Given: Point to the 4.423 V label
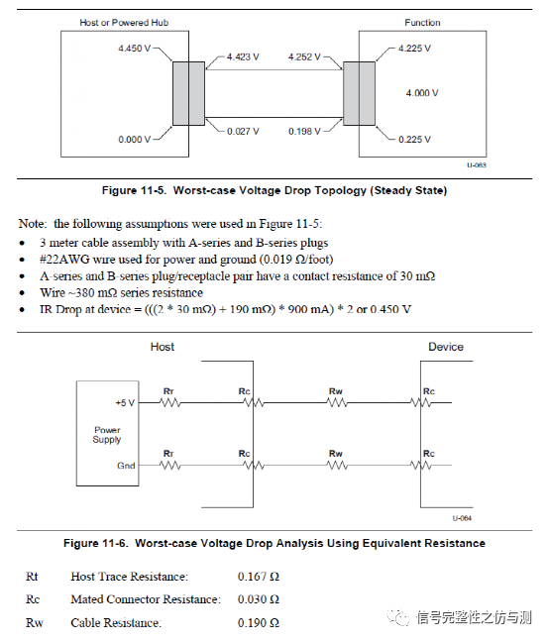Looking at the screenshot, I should click(243, 56).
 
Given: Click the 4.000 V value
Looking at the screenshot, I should click(422, 92).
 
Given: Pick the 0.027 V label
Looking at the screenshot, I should click(243, 130).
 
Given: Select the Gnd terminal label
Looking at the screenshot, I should click(126, 466).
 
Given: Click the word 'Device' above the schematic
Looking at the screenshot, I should click(446, 347).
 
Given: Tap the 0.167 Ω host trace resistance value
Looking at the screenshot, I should click(259, 576).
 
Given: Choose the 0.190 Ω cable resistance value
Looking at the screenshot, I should click(259, 622).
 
